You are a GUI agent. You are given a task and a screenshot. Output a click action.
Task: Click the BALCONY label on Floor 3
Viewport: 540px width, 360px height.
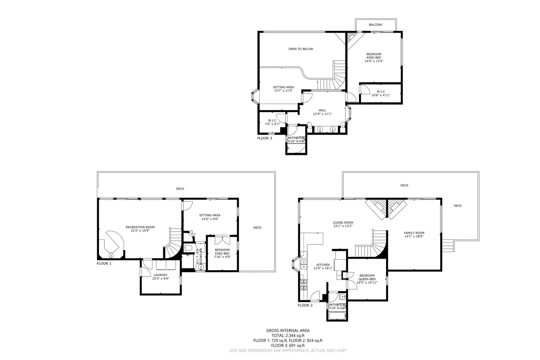[x=376, y=25]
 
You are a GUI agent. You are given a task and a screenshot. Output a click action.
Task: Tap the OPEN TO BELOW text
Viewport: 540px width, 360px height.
[x=301, y=49]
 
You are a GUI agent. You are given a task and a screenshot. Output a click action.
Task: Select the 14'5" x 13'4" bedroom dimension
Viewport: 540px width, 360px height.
[x=374, y=61]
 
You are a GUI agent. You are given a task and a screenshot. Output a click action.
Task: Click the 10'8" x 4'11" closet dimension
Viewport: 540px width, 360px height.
[x=381, y=95]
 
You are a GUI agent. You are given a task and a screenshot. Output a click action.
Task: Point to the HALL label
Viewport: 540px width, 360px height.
[x=322, y=110]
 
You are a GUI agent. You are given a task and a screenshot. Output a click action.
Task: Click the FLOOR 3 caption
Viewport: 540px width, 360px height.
[x=264, y=138]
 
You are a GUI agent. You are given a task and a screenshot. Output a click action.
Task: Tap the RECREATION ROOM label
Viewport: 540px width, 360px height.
[x=140, y=227]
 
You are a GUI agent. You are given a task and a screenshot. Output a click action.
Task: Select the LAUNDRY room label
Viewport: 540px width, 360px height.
[x=160, y=275]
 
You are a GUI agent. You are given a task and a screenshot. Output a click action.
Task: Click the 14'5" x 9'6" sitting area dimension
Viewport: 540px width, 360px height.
[x=210, y=219]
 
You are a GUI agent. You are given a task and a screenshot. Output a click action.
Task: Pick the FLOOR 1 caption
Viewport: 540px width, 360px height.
[x=104, y=263]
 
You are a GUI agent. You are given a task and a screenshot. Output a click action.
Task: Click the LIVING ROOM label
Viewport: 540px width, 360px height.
[x=343, y=223]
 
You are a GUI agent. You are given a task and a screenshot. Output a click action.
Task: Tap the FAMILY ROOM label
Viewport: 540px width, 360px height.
[x=414, y=233]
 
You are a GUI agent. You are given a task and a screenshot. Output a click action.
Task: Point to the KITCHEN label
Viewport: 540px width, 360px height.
[x=323, y=265]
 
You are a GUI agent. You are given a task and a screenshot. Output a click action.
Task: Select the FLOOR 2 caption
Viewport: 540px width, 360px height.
[x=305, y=305]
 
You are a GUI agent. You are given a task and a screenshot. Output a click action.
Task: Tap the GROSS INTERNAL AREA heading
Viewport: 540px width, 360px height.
[x=288, y=331]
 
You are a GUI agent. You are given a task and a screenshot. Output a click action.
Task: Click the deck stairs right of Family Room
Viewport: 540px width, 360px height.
[x=448, y=246]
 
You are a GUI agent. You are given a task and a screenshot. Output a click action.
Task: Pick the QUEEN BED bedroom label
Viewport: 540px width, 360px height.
[x=367, y=279]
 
